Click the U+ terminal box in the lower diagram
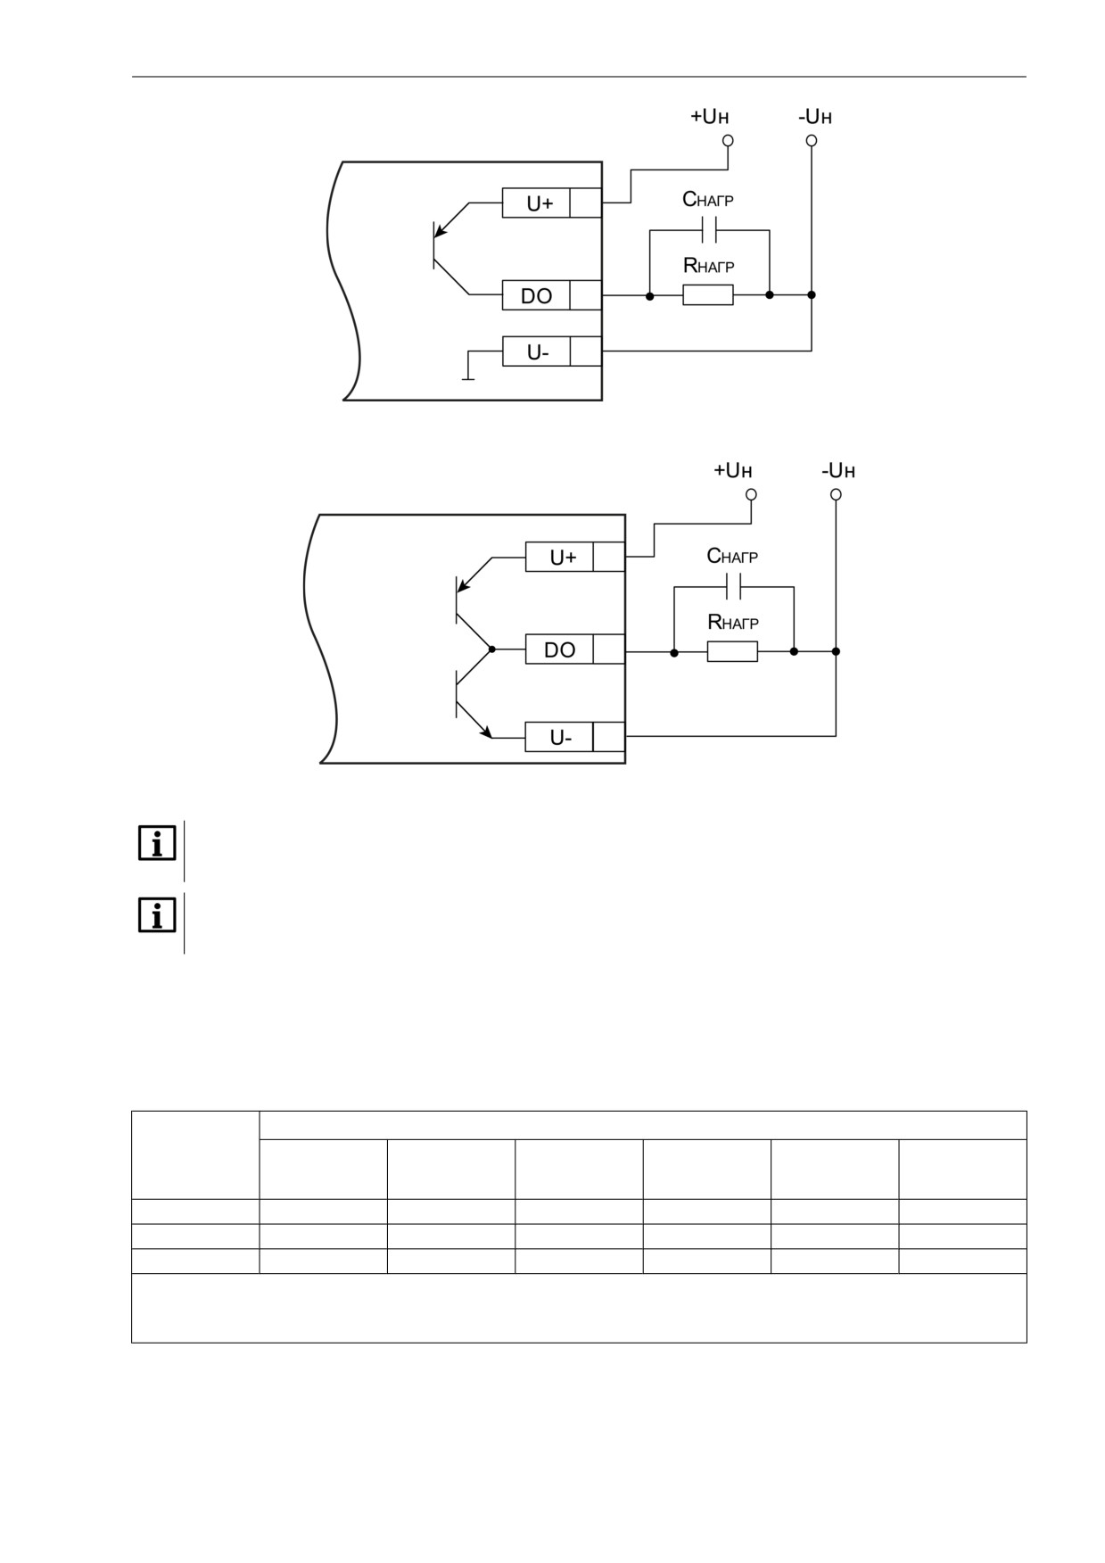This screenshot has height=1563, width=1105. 559,558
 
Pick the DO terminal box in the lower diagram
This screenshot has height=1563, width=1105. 559,649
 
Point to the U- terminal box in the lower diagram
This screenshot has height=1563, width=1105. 559,737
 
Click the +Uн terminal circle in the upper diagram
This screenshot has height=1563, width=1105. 728,140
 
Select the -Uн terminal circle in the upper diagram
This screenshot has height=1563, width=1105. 812,140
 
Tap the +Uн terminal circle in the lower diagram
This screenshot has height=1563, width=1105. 751,494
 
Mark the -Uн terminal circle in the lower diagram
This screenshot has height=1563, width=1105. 836,494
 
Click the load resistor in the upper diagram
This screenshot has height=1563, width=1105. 708,294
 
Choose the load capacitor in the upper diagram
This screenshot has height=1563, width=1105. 710,231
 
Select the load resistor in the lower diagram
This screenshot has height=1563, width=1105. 732,651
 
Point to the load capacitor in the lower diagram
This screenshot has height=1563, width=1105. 734,587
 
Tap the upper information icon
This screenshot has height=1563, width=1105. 157,843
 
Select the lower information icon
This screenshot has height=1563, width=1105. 157,915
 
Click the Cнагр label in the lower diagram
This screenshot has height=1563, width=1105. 732,556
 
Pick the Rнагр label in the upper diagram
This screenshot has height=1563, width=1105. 708,265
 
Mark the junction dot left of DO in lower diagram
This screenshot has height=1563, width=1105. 492,649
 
